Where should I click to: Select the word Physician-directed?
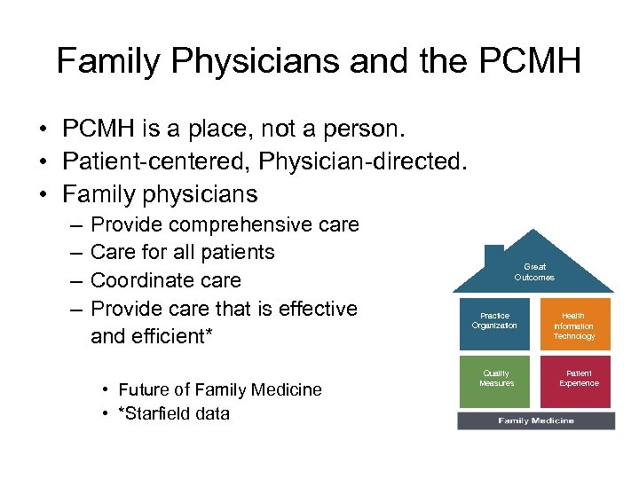coord(355,161)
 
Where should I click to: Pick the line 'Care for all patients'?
coord(183,252)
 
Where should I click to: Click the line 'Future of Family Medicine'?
coord(219,389)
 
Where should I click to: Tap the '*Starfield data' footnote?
coord(174,413)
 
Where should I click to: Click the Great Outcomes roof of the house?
coord(534,271)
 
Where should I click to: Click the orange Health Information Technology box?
coord(574,326)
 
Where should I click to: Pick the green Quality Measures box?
coord(496,380)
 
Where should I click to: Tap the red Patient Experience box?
coord(578,380)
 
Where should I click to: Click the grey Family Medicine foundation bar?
coord(535,420)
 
